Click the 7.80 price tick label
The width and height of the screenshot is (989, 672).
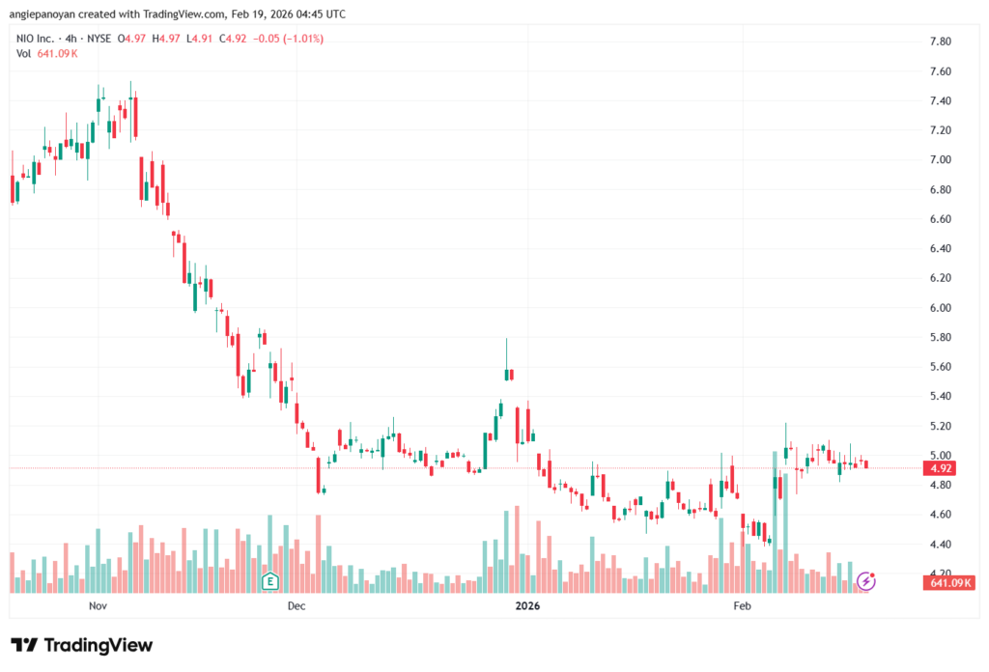point(940,42)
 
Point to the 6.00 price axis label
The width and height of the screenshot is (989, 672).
point(940,308)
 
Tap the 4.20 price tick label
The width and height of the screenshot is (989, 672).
point(940,574)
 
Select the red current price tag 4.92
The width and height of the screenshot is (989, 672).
point(940,468)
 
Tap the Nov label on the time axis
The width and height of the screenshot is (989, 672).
point(97,605)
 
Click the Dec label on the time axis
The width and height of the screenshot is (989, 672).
point(297,605)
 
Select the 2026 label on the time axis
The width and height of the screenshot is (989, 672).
point(527,605)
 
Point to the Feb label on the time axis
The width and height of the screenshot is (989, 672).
point(742,605)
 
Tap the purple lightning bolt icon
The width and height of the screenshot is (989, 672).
point(866,581)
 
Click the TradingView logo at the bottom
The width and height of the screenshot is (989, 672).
point(82,645)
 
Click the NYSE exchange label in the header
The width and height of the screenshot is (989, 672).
point(96,39)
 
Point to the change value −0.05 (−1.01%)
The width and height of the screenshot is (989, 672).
point(289,39)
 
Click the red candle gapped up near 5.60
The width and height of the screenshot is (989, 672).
point(510,375)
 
